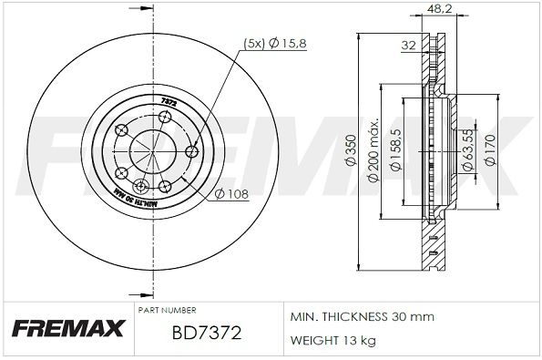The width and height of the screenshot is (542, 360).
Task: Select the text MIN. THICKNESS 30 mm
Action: (x=362, y=316)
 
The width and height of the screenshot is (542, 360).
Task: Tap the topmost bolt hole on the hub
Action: (x=165, y=116)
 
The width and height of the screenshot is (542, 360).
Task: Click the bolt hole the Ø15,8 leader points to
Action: (x=190, y=151)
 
